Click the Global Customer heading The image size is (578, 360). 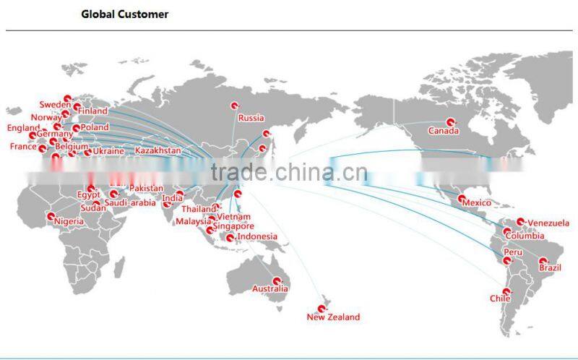(x=124, y=14)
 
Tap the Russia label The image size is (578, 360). (x=251, y=118)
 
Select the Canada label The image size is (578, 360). (x=443, y=131)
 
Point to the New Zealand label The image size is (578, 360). (x=333, y=317)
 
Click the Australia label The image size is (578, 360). (x=269, y=289)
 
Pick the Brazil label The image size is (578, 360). (x=551, y=269)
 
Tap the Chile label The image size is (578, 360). (x=500, y=298)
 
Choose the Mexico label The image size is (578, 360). (x=476, y=202)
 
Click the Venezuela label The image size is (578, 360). (x=548, y=223)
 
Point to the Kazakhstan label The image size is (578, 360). (x=158, y=150)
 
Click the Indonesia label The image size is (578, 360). (x=256, y=236)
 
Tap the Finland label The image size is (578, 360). (x=92, y=111)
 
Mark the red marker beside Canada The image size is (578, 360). (x=451, y=122)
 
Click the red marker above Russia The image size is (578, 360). (x=235, y=106)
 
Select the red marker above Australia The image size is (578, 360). (x=276, y=280)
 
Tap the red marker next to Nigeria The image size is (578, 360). (x=50, y=216)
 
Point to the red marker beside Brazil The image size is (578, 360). (x=542, y=261)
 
